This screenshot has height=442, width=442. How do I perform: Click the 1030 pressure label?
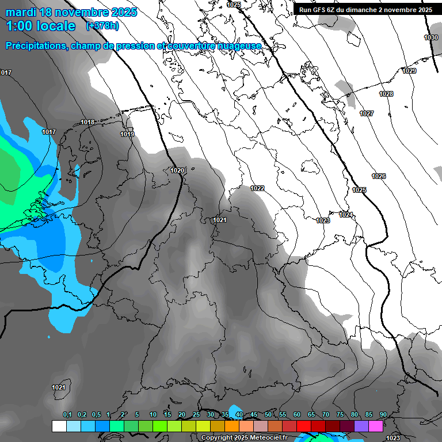(430, 37)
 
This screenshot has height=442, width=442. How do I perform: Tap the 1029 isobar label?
(409, 71)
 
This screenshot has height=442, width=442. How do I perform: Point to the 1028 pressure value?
(386, 94)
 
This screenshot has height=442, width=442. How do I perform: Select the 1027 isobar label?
(367, 113)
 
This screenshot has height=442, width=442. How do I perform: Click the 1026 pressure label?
(379, 176)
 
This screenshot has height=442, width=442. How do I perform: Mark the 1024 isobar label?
(345, 215)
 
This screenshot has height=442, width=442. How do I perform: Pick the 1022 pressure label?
(257, 188)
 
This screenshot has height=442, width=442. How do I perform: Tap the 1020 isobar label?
(178, 170)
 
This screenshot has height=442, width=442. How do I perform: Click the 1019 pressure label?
(127, 135)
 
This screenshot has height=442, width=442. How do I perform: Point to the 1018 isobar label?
(87, 122)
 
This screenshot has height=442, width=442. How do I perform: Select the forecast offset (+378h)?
(103, 26)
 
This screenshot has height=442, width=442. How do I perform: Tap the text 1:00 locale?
(40, 26)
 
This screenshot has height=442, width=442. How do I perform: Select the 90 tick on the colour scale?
(383, 414)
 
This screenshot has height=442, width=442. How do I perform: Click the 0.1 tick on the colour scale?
(67, 414)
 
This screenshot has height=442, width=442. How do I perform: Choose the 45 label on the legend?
(254, 414)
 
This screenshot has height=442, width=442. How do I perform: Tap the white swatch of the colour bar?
(59, 426)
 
